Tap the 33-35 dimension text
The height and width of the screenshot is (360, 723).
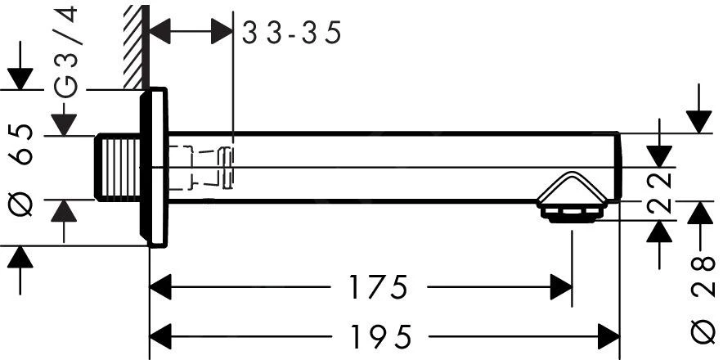[x=290, y=34]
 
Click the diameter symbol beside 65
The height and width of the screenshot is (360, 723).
[x=23, y=205]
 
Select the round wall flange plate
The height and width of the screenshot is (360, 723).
[x=156, y=167]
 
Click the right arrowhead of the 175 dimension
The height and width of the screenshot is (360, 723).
[x=561, y=288]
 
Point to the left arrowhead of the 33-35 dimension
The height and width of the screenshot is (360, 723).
[x=162, y=34]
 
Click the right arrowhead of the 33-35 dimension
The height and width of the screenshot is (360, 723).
[x=222, y=34]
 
